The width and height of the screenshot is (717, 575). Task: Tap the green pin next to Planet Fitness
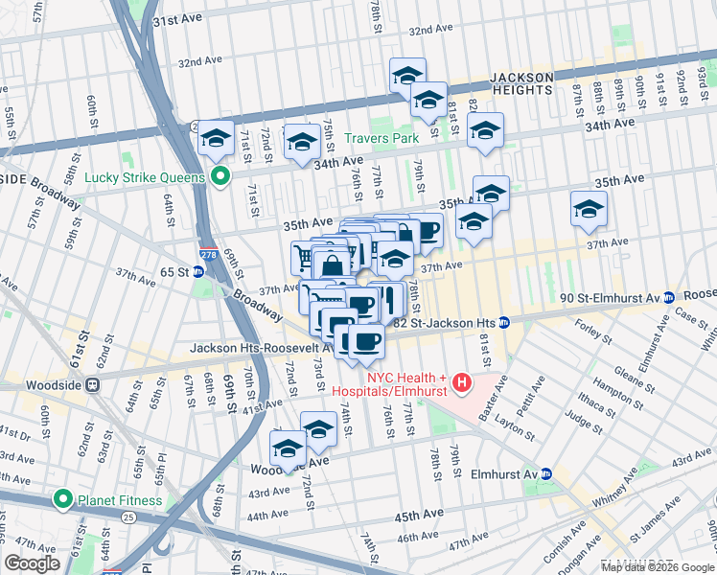coord(63,498)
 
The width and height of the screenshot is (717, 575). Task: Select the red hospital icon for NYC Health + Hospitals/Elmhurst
coord(462,384)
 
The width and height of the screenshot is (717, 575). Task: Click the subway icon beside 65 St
coord(197,272)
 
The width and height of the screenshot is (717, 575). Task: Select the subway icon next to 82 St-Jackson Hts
coord(502,323)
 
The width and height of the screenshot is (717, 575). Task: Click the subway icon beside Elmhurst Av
coord(546,473)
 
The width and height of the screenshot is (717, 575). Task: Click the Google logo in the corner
coord(32,563)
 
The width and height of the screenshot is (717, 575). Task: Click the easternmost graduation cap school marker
coord(589,209)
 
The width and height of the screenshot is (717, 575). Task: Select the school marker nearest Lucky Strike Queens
coord(217,137)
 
